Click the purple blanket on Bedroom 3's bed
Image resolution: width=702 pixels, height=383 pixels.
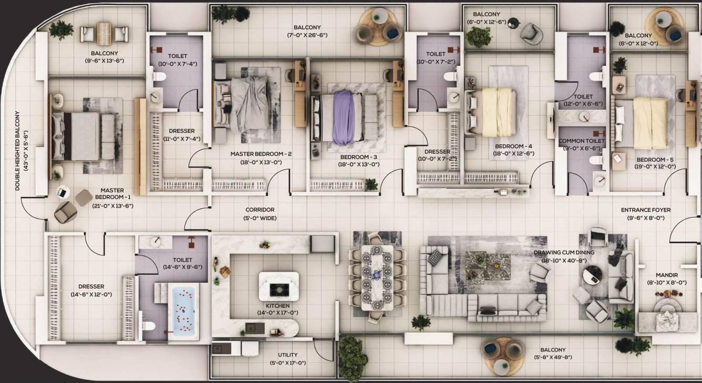[x=344, y=118]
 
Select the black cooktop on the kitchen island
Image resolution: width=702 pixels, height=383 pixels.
[x=278, y=289]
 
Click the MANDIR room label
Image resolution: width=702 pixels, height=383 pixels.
[x=667, y=275]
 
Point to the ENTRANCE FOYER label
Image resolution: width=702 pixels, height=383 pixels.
[x=646, y=210]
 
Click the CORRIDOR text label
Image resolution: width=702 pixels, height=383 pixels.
[x=260, y=210]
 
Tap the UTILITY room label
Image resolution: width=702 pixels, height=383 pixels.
[x=288, y=355]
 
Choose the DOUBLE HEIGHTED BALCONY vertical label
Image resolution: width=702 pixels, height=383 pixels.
[x=17, y=150]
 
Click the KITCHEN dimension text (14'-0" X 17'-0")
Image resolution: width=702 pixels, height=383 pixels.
[x=277, y=313]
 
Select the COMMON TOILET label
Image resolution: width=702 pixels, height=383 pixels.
[x=581, y=141]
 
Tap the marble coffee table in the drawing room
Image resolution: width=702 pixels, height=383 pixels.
[x=488, y=265]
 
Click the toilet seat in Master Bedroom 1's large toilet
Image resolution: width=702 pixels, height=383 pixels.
[x=148, y=326]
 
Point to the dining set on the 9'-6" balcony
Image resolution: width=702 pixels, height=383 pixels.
[x=104, y=34]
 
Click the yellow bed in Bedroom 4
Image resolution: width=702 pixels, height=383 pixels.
[x=498, y=112]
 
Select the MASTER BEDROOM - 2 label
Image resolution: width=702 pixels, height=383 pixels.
[x=261, y=154]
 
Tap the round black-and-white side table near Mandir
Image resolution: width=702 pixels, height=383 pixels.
[x=592, y=275]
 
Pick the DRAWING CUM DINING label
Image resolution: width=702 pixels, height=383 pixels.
[x=564, y=252]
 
